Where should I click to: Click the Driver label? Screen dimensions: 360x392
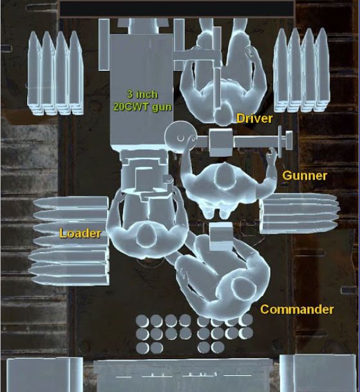(254, 118)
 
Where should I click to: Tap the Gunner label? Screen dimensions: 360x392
(305, 176)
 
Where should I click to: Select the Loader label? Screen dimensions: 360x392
(80, 233)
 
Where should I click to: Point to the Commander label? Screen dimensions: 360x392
(297, 310)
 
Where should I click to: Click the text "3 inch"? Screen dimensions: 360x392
(142, 94)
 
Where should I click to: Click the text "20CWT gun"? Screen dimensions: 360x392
(142, 107)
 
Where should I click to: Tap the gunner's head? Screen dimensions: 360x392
(224, 175)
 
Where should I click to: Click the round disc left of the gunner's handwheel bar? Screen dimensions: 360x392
(180, 136)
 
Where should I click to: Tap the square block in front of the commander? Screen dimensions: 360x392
(221, 237)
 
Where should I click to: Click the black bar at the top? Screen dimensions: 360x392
(176, 9)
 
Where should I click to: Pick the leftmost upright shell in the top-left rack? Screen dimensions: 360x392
(34, 73)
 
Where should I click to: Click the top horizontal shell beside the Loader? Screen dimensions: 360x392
(71, 202)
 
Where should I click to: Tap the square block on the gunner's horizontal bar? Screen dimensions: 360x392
(221, 142)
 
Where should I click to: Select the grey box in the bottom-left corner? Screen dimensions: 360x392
(44, 375)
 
